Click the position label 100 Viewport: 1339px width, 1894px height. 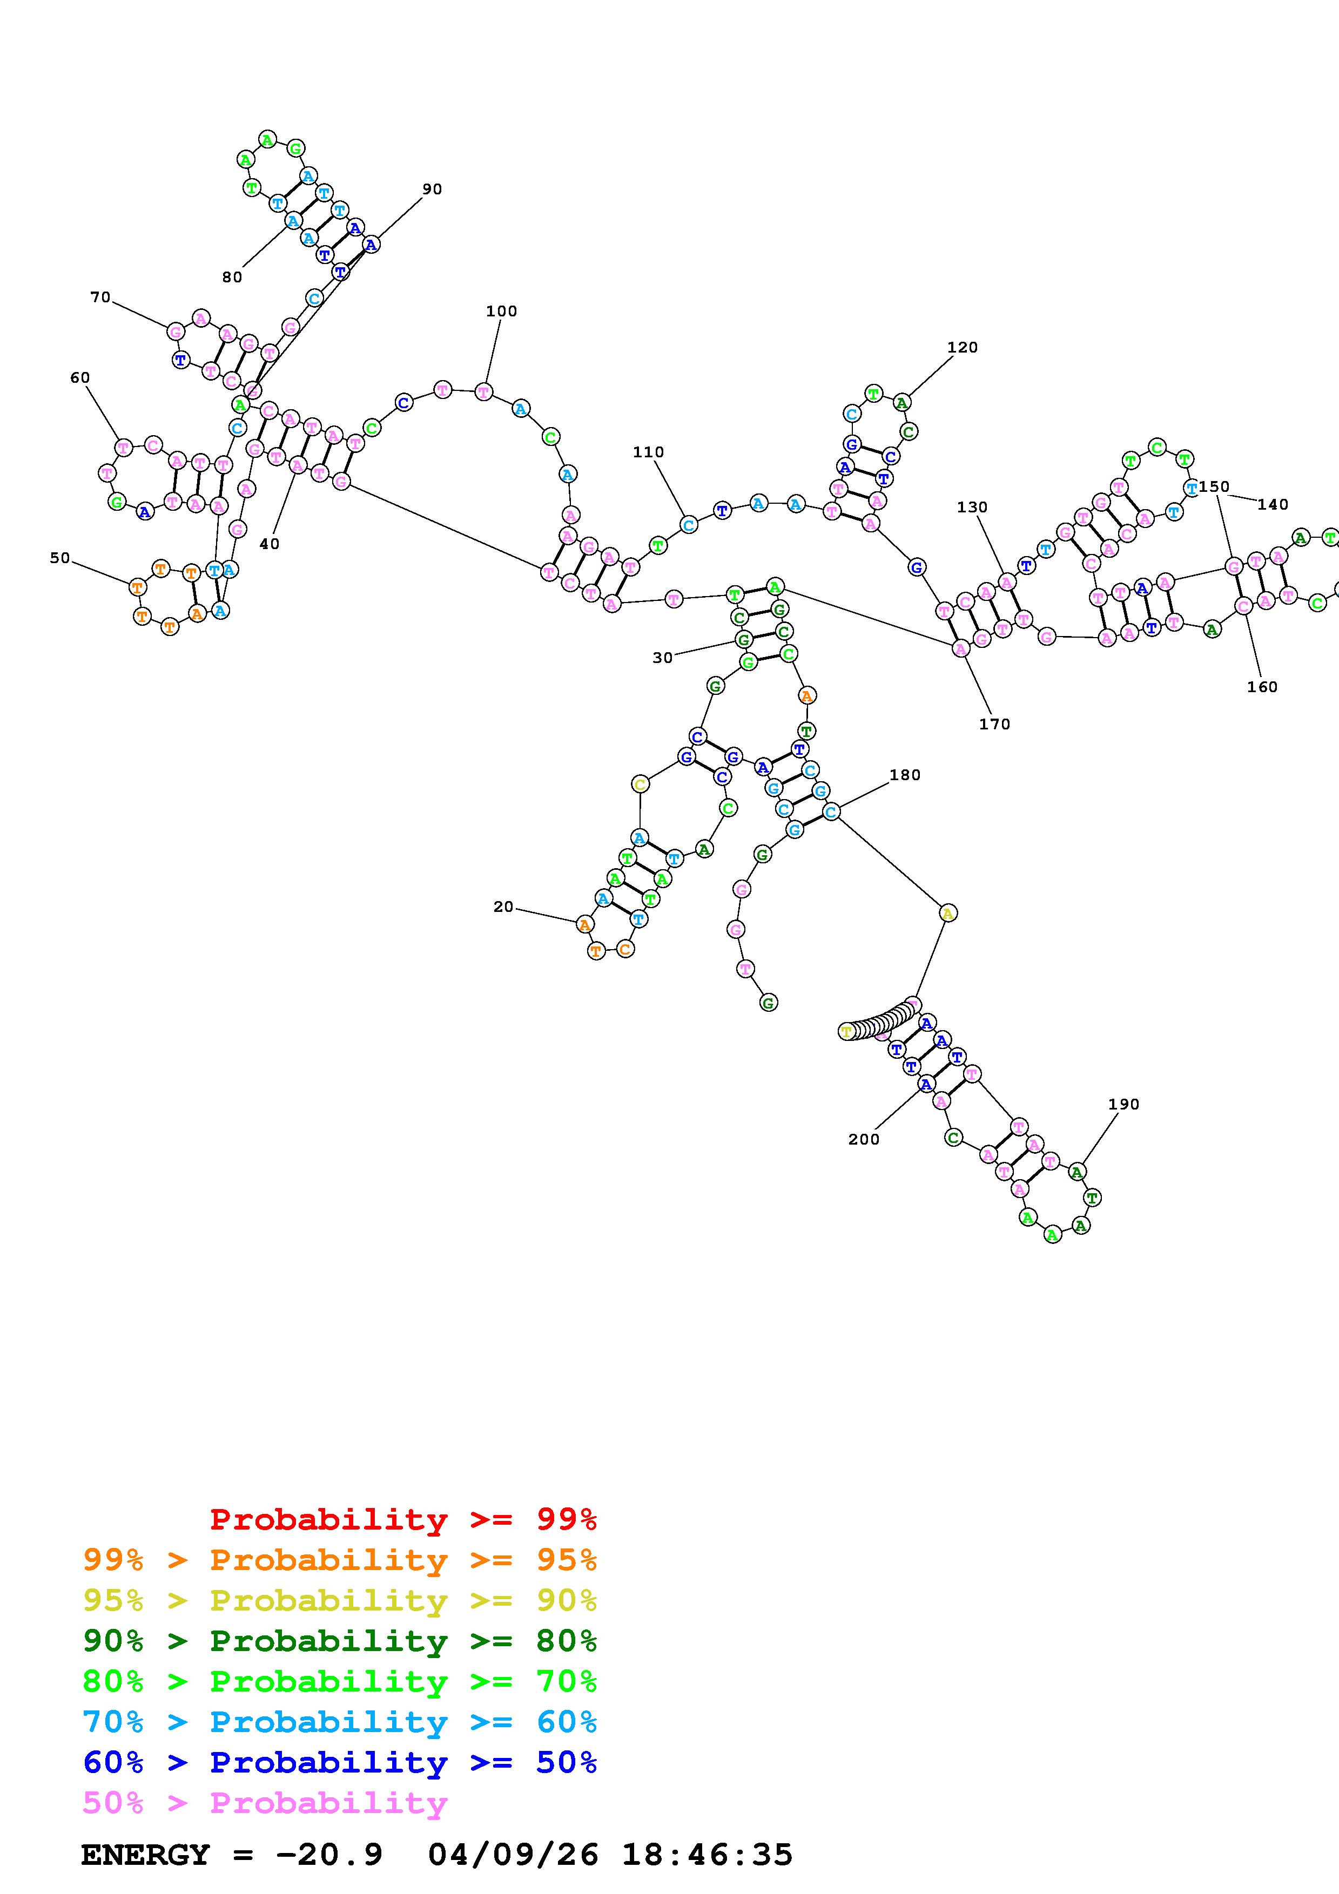501,311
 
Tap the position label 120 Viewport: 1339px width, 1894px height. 962,347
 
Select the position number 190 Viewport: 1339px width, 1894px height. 1123,1104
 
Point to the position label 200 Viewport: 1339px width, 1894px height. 864,1139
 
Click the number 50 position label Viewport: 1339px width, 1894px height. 59,558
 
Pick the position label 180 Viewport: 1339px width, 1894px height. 905,775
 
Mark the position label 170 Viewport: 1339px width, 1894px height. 994,723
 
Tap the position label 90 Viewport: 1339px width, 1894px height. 432,189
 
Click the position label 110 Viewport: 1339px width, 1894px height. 649,452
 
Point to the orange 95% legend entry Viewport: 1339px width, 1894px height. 339,1560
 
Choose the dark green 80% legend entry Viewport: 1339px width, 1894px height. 339,1641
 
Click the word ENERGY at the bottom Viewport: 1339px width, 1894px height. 145,1855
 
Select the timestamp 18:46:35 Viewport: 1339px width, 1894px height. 707,1855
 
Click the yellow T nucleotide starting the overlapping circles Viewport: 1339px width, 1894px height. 846,1031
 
